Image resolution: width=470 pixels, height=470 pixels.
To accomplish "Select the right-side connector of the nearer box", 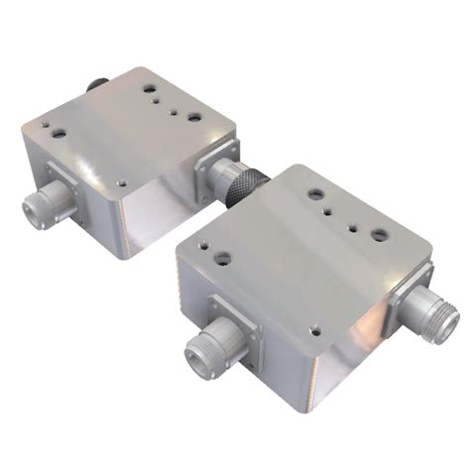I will coord(436,314).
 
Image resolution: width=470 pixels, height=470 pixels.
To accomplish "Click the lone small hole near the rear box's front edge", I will coord(120,182).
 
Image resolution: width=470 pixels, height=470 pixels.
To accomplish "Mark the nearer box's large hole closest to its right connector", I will coord(380,235).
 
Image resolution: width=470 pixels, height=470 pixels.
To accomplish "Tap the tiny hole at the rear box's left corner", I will coord(44,124).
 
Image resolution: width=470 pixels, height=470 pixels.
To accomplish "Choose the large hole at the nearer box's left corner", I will coord(224,258).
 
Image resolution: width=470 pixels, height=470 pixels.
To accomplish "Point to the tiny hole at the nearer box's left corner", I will coord(203,244).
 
